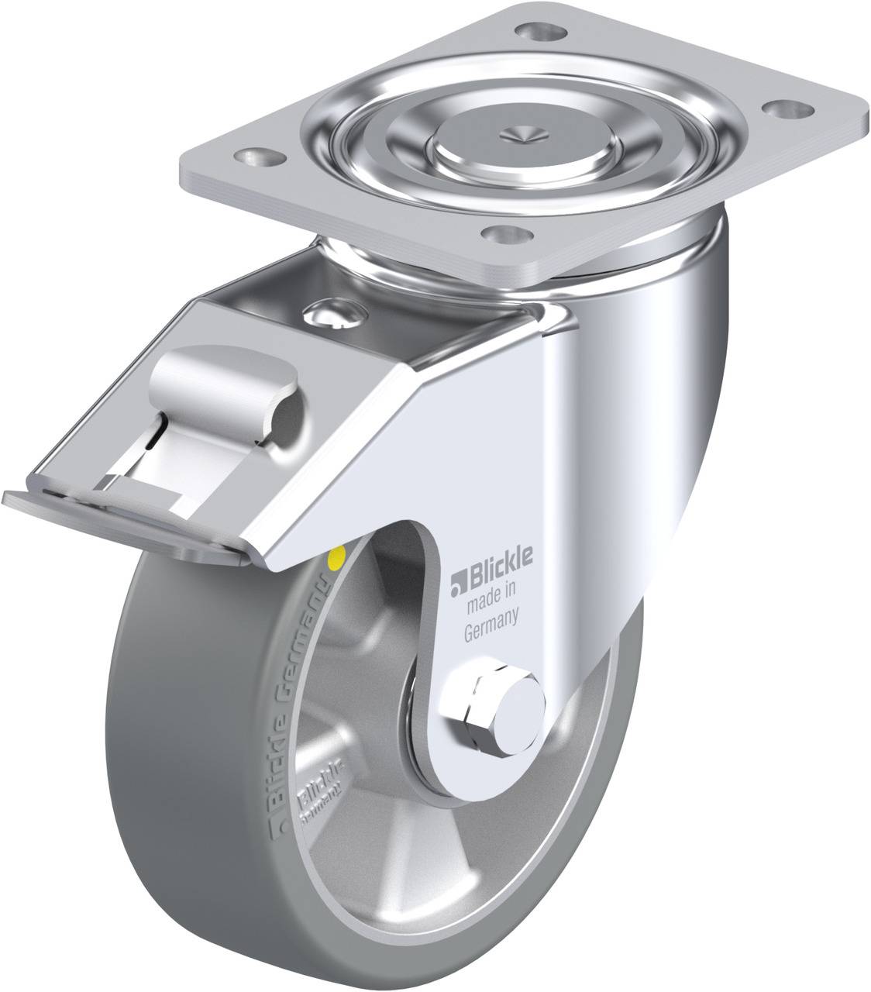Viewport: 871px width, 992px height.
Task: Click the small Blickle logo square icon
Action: click(x=457, y=577)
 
